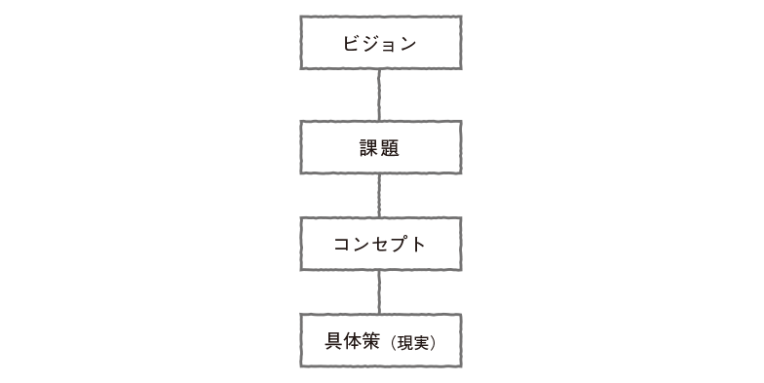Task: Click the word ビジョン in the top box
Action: (x=380, y=44)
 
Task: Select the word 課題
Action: (x=380, y=148)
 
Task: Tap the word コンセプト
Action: (x=380, y=244)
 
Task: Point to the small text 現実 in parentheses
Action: (x=412, y=343)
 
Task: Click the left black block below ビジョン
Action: (x=338, y=95)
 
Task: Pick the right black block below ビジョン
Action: (x=421, y=95)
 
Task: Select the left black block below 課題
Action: (x=338, y=196)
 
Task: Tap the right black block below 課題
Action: (x=421, y=196)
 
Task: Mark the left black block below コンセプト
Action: (x=338, y=291)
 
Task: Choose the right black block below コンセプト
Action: (x=421, y=291)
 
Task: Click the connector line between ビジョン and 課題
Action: (x=379, y=95)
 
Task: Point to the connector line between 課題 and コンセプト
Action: (x=379, y=196)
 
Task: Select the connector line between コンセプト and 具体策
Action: (x=379, y=291)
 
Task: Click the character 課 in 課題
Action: (x=369, y=148)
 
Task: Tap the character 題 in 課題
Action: (x=391, y=148)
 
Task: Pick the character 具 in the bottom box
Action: (x=335, y=342)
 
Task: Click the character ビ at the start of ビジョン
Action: (x=351, y=44)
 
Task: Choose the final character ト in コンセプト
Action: (x=419, y=244)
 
